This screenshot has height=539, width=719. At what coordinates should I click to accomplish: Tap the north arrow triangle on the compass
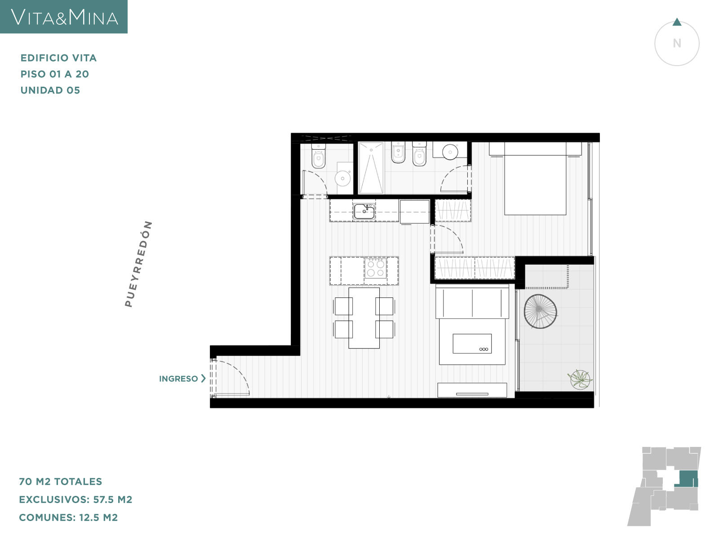677,22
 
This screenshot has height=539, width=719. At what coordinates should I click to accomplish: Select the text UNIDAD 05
50,90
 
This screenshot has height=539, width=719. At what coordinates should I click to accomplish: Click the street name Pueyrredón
138,264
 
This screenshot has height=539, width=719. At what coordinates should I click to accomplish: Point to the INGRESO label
178,379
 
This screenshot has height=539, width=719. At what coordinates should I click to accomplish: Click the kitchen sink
364,212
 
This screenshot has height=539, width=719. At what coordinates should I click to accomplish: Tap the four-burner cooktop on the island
375,268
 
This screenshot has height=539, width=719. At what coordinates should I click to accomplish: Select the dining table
364,318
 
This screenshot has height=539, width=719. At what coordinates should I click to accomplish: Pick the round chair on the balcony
540,311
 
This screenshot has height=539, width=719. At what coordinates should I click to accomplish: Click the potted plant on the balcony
580,380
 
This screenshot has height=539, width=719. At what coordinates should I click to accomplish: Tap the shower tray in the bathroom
371,168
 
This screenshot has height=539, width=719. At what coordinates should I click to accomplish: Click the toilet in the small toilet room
319,156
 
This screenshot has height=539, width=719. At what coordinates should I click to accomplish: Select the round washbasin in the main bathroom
450,152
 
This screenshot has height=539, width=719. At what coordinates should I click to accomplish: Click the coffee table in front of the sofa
472,344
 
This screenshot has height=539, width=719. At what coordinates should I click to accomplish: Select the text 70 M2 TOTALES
61,482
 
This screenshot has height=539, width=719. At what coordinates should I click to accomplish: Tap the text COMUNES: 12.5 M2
68,517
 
